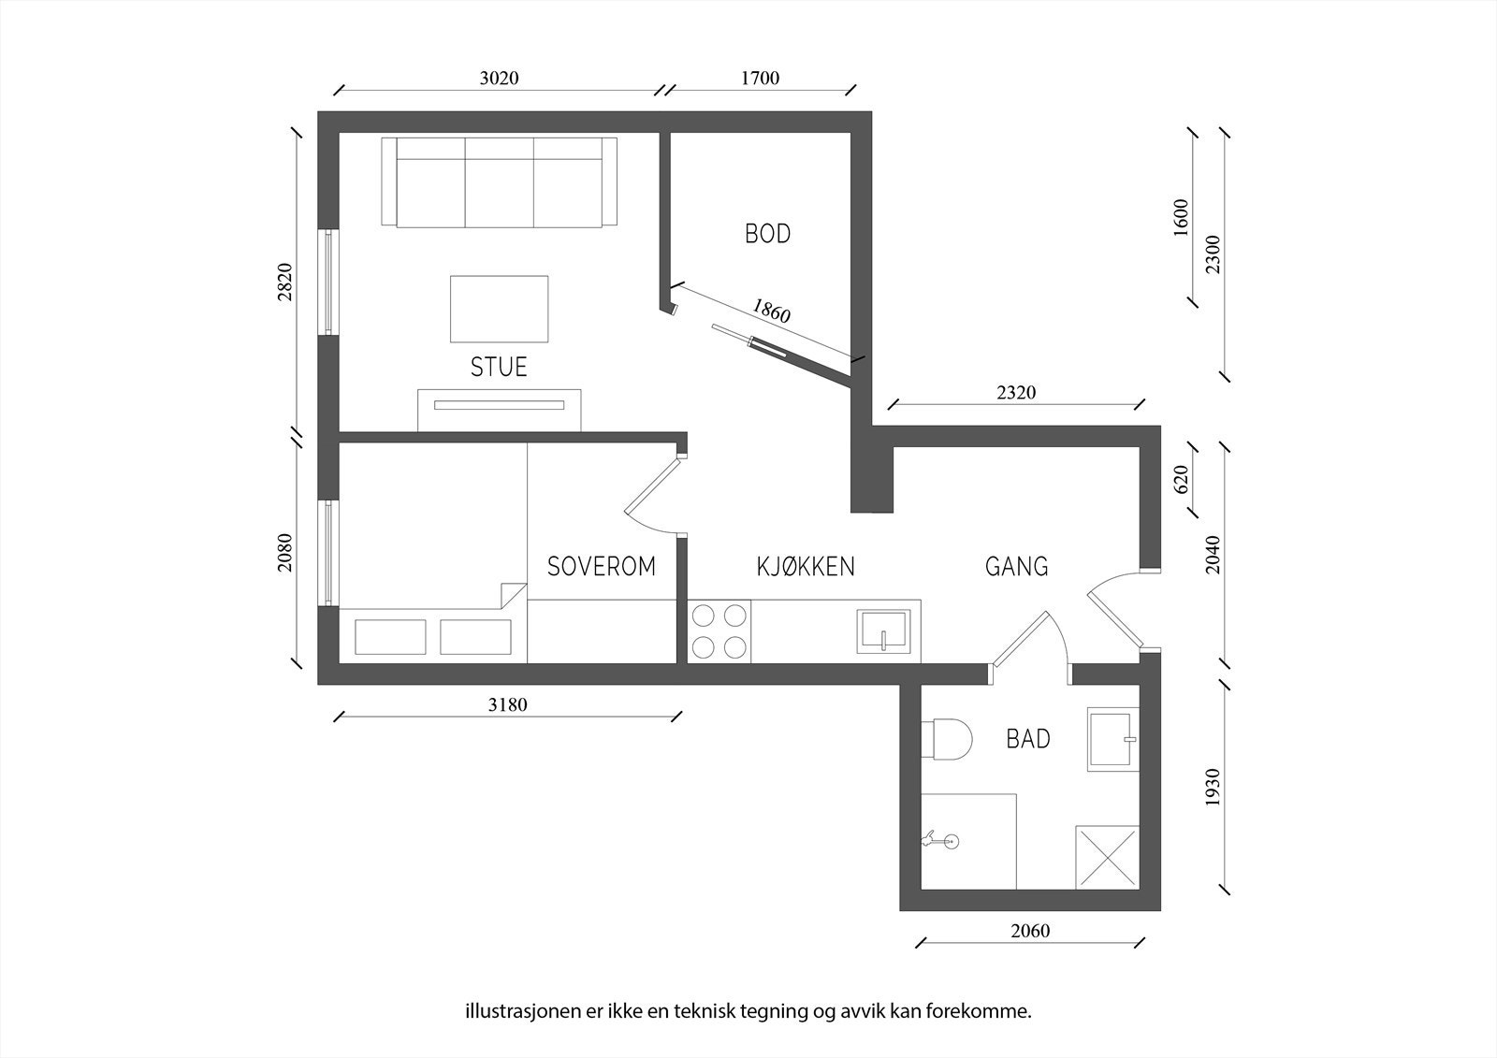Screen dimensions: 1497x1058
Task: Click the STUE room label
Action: pos(499,367)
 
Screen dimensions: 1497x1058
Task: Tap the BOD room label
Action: pos(768,233)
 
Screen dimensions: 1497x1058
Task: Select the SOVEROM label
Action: pos(602,566)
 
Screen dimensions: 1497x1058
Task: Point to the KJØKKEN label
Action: pos(806,566)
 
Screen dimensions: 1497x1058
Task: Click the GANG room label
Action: pos(1016,566)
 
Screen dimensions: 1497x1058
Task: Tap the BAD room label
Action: pos(1028,738)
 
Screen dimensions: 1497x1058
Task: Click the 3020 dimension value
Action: pos(500,79)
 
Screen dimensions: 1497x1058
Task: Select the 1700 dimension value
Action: pos(760,79)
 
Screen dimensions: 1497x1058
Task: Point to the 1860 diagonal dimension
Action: pos(771,311)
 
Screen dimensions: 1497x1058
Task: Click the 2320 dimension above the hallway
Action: pos(1016,392)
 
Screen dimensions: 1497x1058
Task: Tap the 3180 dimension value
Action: pos(507,704)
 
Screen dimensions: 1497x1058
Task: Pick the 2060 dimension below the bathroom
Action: pos(1030,931)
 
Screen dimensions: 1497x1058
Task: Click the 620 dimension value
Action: pos(1182,479)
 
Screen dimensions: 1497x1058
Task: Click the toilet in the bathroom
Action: pos(946,739)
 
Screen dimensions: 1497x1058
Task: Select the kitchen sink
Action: pos(883,630)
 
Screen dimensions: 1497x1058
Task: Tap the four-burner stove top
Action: pos(719,630)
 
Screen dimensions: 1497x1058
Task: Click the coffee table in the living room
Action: pos(500,309)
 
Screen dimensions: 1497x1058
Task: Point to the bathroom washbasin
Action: pos(1112,739)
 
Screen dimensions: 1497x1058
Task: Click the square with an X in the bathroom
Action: pos(1107,858)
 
